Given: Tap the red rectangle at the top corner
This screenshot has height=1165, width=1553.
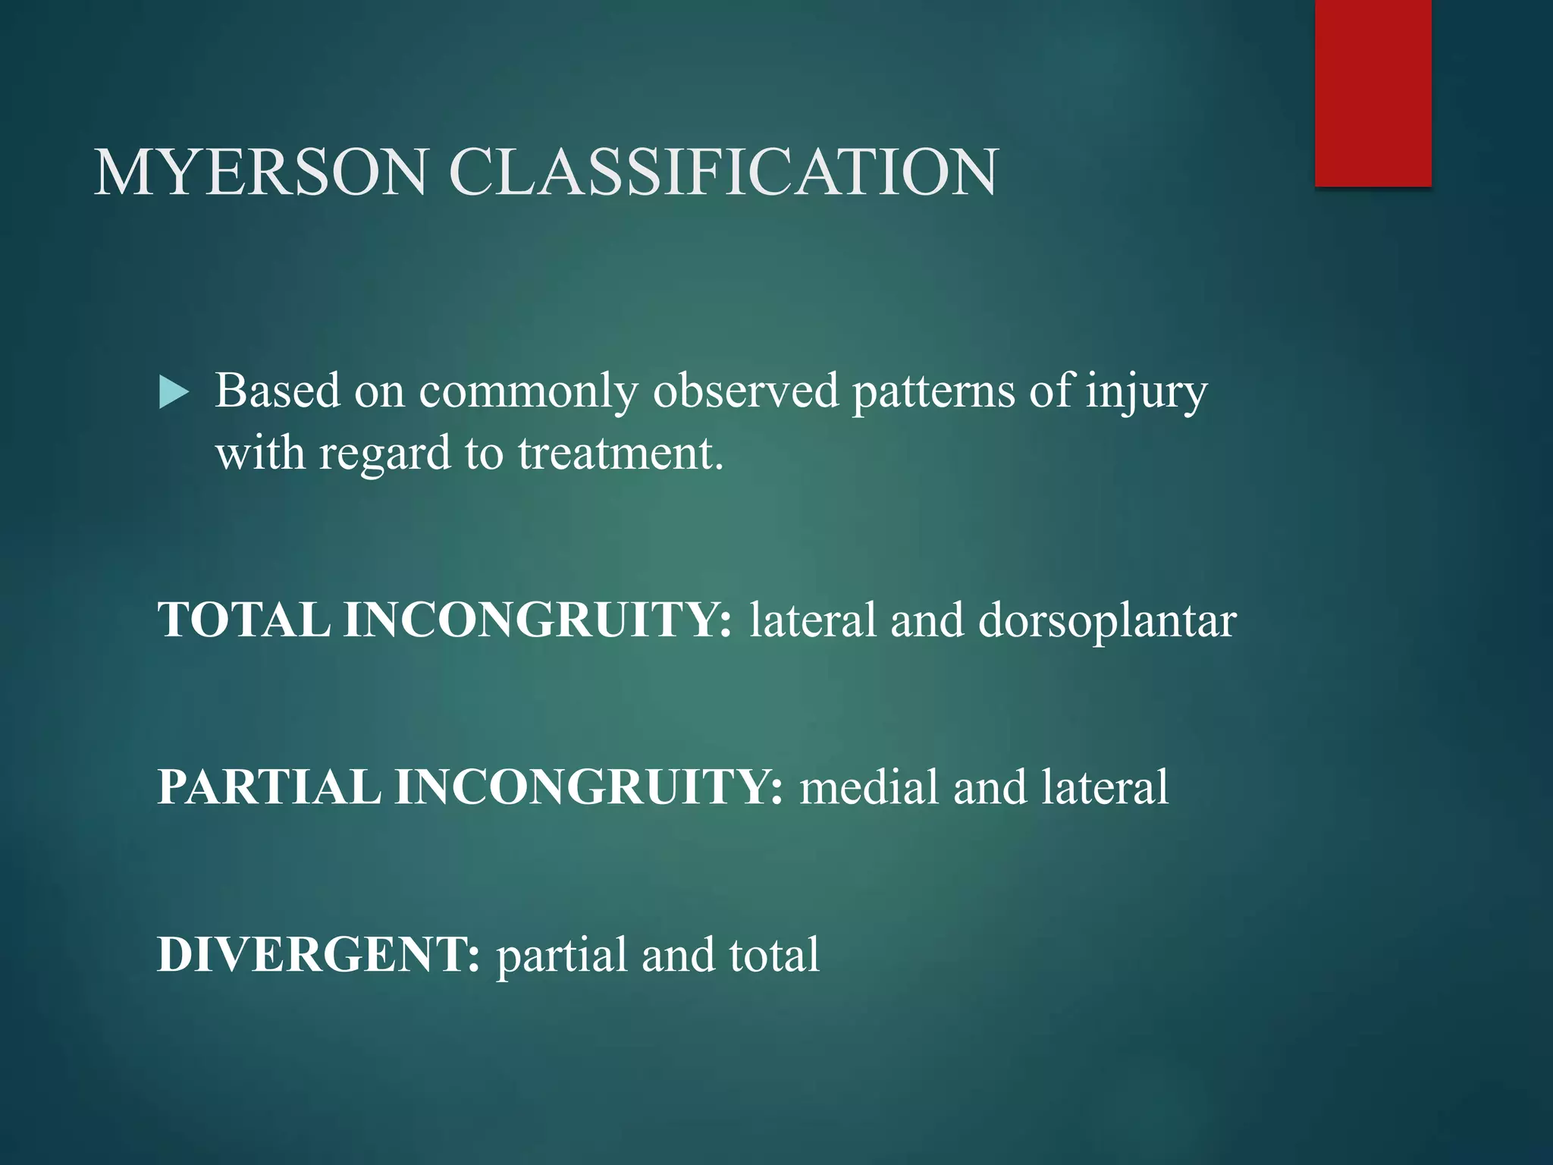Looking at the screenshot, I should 1373,93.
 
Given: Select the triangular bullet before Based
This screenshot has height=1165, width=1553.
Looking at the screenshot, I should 174,394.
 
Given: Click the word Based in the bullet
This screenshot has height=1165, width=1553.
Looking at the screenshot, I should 278,391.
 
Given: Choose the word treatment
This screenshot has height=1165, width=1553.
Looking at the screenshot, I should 620,454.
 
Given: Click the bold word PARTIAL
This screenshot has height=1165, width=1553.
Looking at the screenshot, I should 269,787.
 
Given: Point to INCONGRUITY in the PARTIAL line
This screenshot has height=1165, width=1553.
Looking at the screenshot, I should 588,787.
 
